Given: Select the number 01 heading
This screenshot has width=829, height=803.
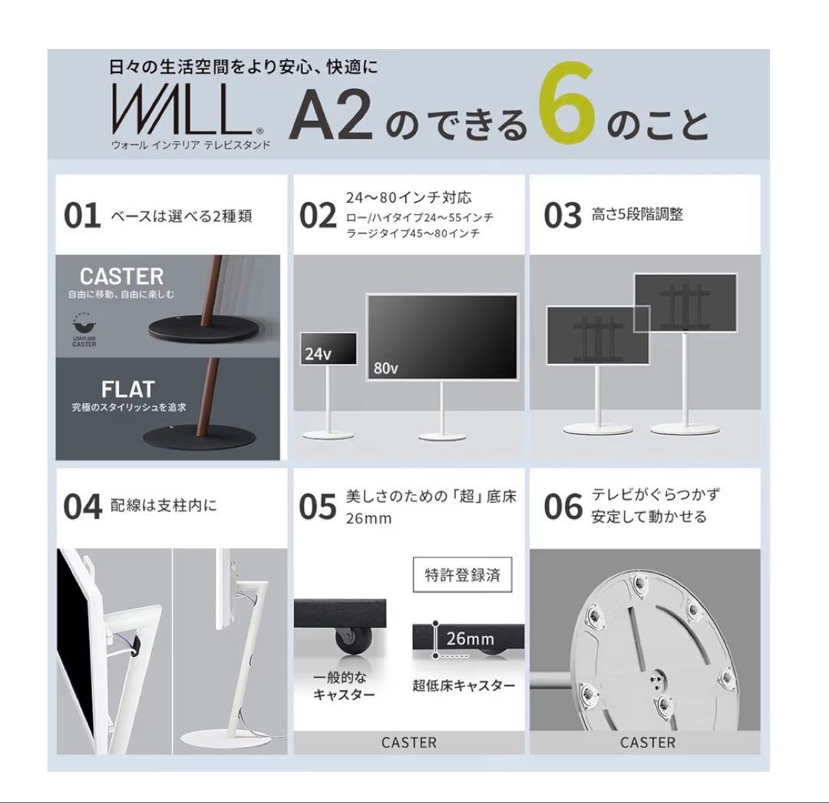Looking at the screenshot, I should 82,216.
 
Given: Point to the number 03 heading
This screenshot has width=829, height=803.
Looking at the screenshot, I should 563,216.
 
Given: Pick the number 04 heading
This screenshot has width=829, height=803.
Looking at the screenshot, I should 82,507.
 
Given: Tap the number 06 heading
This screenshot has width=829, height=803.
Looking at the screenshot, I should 563,507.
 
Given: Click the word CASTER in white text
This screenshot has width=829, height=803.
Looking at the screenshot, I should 122,276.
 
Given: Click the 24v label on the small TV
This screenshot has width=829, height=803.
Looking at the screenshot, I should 315,355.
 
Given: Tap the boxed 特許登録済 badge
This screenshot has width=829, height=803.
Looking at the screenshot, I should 462,575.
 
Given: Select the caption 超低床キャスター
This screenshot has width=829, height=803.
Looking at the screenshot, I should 464,686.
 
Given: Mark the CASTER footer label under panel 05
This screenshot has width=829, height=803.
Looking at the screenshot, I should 408,742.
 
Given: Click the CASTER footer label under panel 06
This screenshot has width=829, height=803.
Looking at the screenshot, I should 648,742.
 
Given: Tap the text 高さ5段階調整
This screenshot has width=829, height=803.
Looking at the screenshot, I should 637,215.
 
